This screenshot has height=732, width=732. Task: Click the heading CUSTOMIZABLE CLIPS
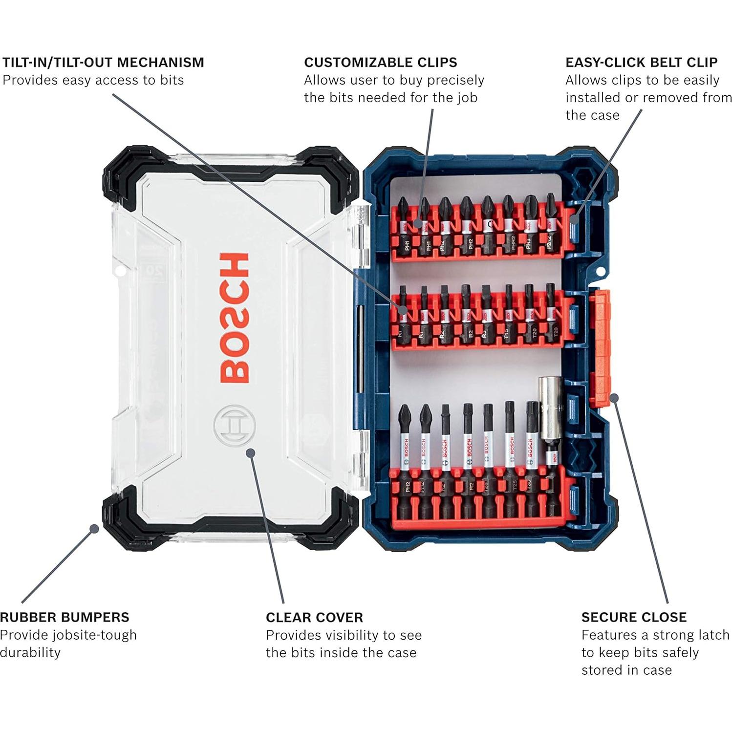pos(380,63)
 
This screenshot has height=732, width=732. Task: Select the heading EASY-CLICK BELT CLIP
pos(641,63)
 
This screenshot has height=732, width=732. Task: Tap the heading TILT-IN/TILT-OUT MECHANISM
pos(103,63)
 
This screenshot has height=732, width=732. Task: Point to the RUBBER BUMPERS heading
pos(65,617)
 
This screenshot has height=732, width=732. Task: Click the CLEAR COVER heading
pos(314,617)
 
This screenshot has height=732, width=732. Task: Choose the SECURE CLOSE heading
pos(634,617)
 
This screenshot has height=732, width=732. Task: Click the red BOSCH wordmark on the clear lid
pos(235,318)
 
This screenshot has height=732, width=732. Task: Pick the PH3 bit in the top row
pos(529,225)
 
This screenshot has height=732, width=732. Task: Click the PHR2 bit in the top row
pos(509,225)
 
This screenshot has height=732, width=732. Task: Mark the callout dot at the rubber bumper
pos(94,528)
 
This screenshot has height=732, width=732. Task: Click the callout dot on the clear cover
pos(251,452)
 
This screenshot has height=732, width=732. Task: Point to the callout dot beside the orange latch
pos(614,398)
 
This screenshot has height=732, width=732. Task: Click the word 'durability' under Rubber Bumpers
pos(30,652)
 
